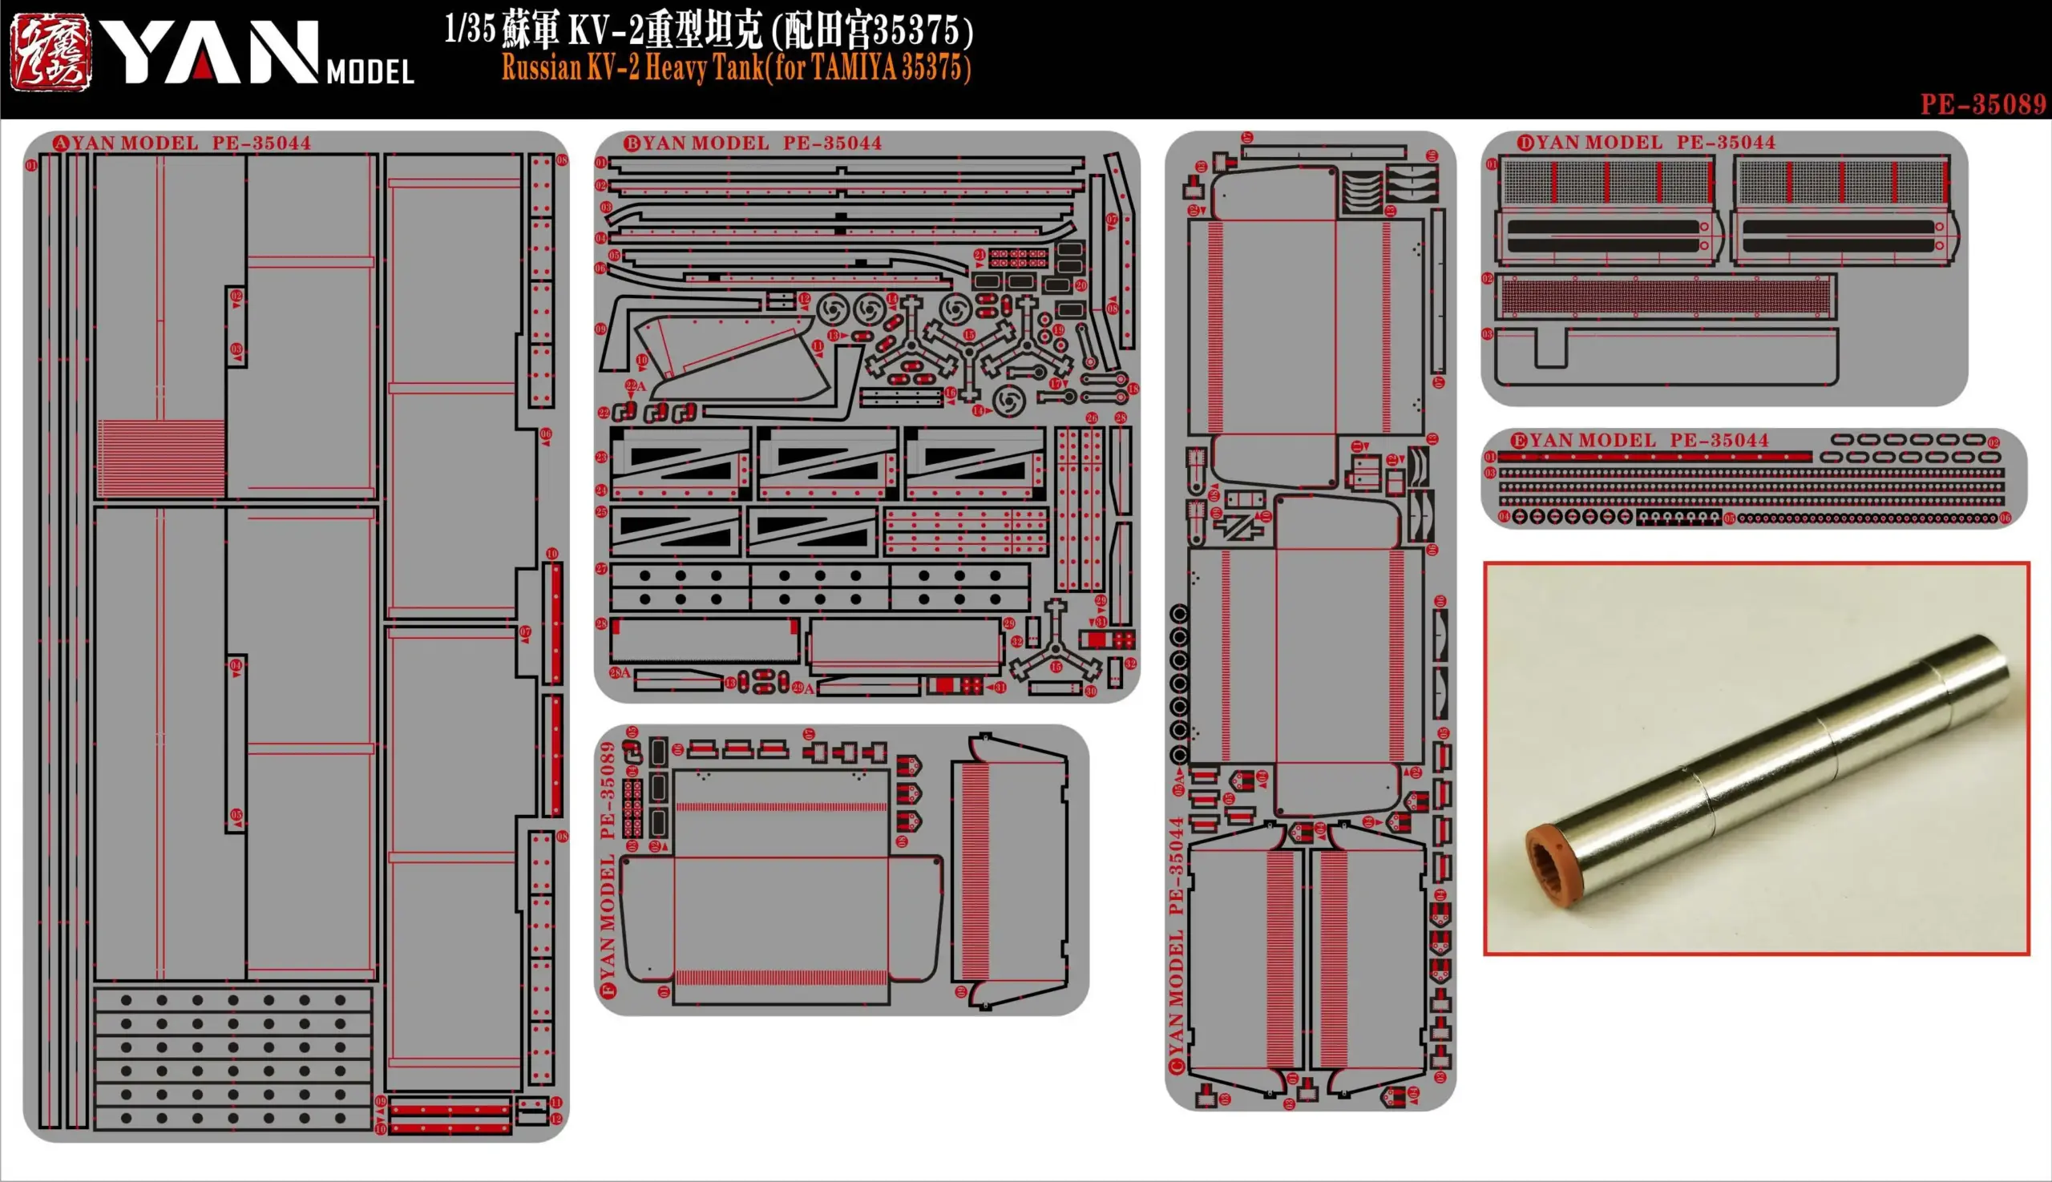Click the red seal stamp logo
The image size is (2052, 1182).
(x=50, y=53)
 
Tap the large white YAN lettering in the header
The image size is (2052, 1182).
(x=208, y=53)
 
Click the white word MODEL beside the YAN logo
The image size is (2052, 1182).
(x=370, y=72)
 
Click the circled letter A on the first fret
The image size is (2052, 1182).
(x=60, y=143)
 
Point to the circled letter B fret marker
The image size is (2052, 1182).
(x=631, y=143)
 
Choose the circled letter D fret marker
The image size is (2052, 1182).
(x=1525, y=143)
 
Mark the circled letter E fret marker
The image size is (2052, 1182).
(x=1518, y=441)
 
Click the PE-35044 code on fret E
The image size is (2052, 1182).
(x=1719, y=441)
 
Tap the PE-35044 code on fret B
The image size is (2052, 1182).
(x=832, y=143)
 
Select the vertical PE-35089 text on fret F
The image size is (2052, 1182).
(x=607, y=791)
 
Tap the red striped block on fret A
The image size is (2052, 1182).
(x=162, y=458)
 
